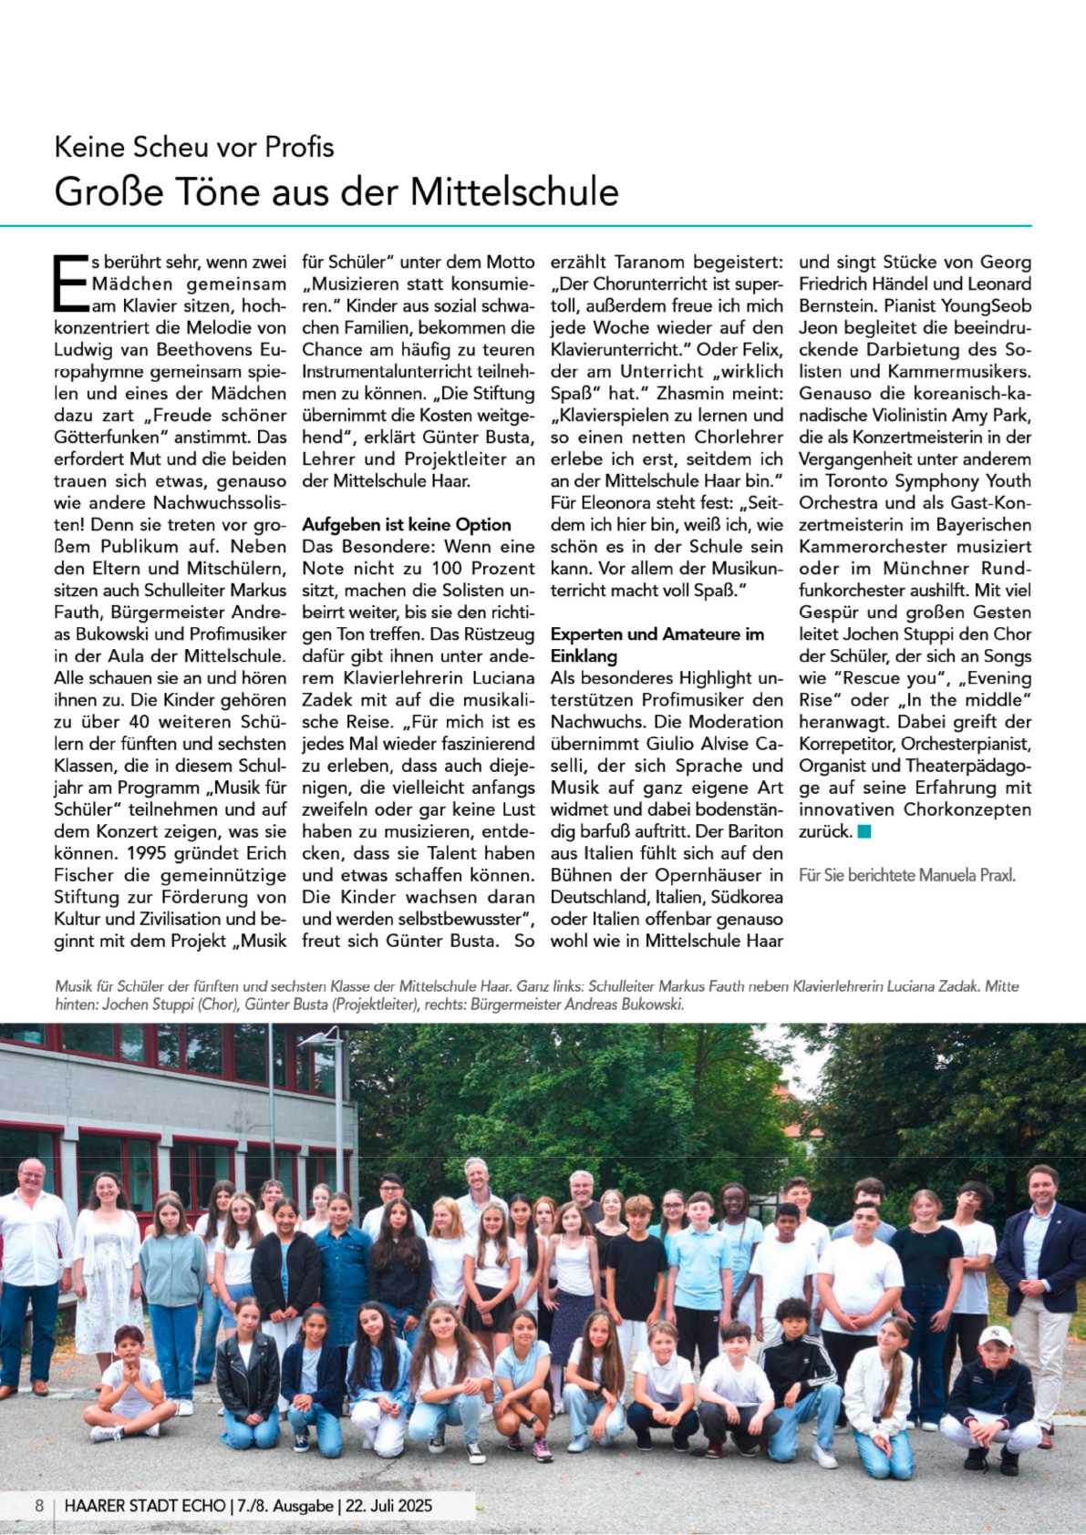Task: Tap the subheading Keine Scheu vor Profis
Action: coord(194,147)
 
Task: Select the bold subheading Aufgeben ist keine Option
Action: coord(406,525)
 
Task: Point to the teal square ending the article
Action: coord(864,831)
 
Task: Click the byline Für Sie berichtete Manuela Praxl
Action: coord(906,875)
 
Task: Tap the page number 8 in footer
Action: coord(39,1505)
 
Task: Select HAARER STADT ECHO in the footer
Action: coord(144,1505)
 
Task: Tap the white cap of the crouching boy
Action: coord(996,1336)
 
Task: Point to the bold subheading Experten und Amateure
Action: coord(657,634)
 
